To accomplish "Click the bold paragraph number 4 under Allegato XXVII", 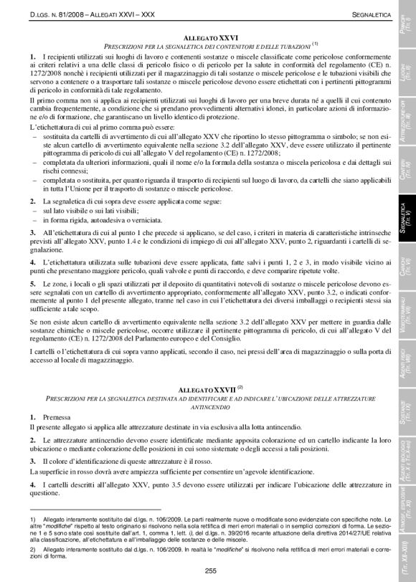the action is tap(33, 485).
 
